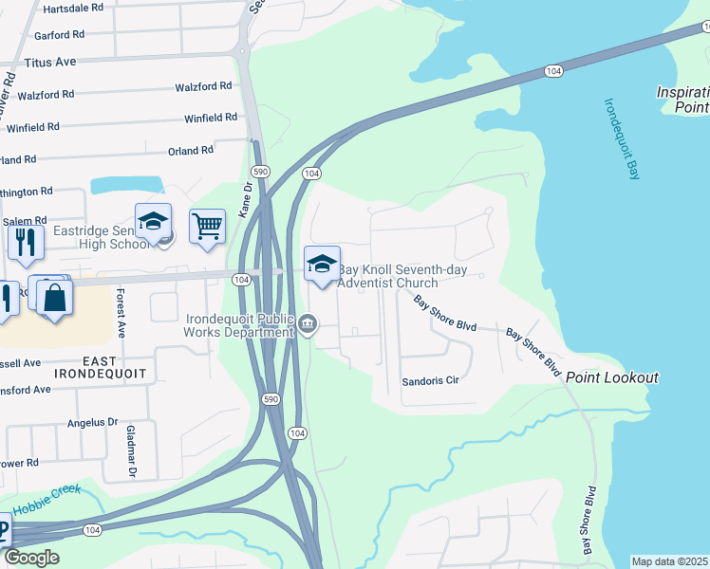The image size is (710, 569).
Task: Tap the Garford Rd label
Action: (x=59, y=34)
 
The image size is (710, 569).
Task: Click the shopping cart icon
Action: (x=207, y=228)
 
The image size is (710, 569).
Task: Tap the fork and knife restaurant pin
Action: (x=26, y=242)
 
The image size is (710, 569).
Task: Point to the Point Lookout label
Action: (x=612, y=377)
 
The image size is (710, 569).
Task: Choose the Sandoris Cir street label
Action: (x=430, y=380)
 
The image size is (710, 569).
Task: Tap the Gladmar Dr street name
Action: (x=133, y=450)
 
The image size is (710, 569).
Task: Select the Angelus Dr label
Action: (x=92, y=422)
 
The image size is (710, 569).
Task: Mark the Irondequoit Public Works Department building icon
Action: (x=308, y=326)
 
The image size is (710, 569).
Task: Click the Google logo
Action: (x=31, y=558)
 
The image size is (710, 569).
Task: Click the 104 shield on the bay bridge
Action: (x=553, y=71)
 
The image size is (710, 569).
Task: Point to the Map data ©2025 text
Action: (x=669, y=561)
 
